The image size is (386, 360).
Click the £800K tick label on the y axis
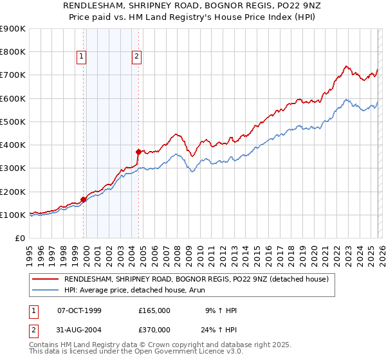click(x=13, y=52)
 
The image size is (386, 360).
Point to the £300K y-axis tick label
click(x=13, y=168)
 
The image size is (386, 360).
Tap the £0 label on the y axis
click(x=20, y=239)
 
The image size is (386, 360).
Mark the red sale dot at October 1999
click(x=84, y=199)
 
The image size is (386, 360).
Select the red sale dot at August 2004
click(x=138, y=152)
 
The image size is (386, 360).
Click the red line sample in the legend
click(x=45, y=279)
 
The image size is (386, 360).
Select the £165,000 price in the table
click(x=154, y=310)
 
